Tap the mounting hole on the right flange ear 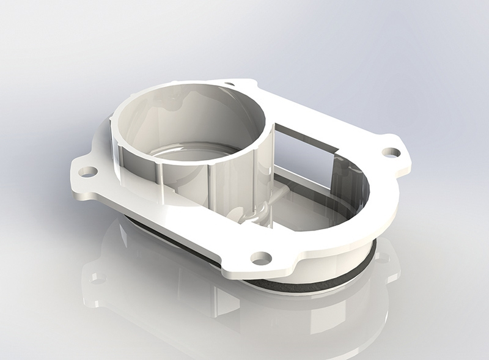point(391,152)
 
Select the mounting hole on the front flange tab point(261,258)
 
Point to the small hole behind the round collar point(230,85)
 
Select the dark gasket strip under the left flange point(165,238)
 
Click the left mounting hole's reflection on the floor point(98,278)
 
